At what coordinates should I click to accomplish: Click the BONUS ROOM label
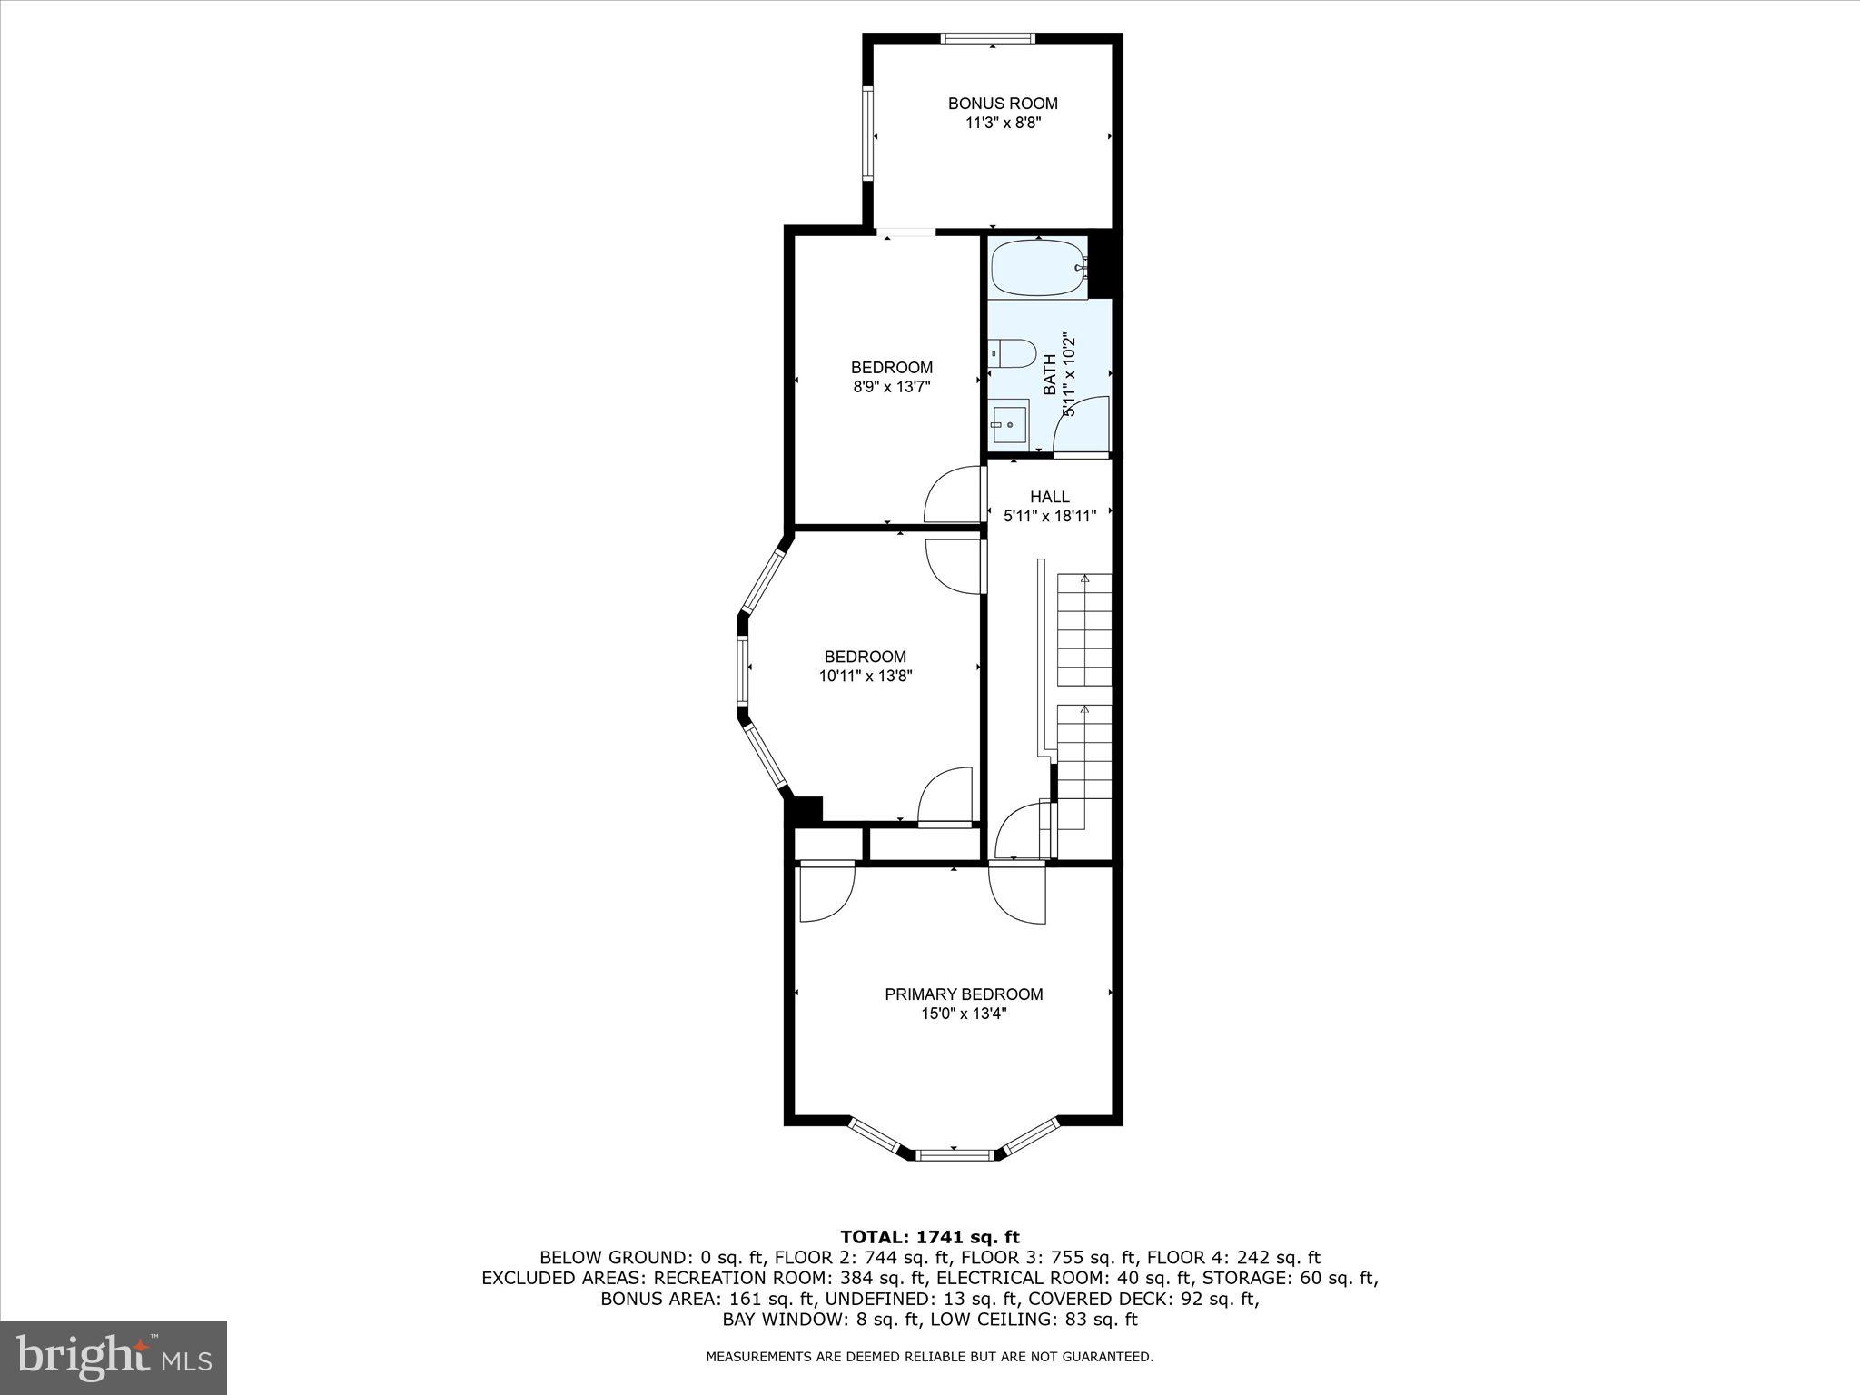tap(1003, 104)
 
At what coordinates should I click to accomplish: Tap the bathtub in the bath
tap(1037, 270)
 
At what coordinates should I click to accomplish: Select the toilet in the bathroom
tap(1014, 353)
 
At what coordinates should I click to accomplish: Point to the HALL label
tap(1049, 497)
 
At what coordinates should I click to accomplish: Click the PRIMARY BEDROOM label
tap(964, 994)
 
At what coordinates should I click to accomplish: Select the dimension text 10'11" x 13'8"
tap(865, 676)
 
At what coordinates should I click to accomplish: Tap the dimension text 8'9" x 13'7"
tap(891, 387)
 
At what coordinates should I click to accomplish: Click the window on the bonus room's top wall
tap(988, 38)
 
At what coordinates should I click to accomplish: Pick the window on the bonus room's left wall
tap(867, 132)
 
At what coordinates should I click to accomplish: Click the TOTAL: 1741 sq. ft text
tap(929, 1237)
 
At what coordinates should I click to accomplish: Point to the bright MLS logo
tap(114, 1357)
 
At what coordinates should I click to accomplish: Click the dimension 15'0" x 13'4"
tap(964, 1014)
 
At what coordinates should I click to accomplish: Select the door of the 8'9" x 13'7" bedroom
tap(953, 495)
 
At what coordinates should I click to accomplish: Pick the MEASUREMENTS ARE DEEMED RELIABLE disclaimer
tap(929, 1357)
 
